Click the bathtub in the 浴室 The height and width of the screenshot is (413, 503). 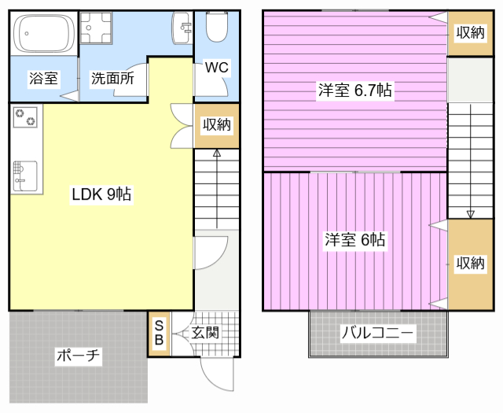click(x=44, y=33)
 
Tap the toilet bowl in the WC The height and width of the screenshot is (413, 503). click(x=217, y=27)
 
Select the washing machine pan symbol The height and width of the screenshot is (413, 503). click(x=96, y=28)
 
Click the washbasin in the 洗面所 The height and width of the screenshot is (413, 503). click(x=182, y=28)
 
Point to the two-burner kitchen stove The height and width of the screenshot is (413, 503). click(x=25, y=117)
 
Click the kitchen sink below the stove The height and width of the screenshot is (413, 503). click(x=25, y=176)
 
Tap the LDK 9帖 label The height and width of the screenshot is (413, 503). click(x=101, y=194)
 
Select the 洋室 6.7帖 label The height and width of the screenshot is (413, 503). click(x=354, y=90)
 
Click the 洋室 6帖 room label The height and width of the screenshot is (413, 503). click(x=354, y=240)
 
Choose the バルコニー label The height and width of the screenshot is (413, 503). click(x=377, y=333)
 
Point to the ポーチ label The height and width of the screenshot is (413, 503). click(x=78, y=356)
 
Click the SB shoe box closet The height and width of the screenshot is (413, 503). click(x=159, y=334)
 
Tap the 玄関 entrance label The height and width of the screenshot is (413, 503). click(x=205, y=333)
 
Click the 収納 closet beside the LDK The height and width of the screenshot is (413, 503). click(x=217, y=126)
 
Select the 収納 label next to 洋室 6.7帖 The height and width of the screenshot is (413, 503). click(x=470, y=32)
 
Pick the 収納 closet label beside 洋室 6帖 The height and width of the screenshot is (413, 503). click(x=470, y=264)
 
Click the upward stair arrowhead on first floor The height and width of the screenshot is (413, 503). click(x=217, y=153)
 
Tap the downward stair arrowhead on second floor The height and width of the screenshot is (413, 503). click(x=470, y=215)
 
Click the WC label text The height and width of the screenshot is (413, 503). click(x=217, y=68)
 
